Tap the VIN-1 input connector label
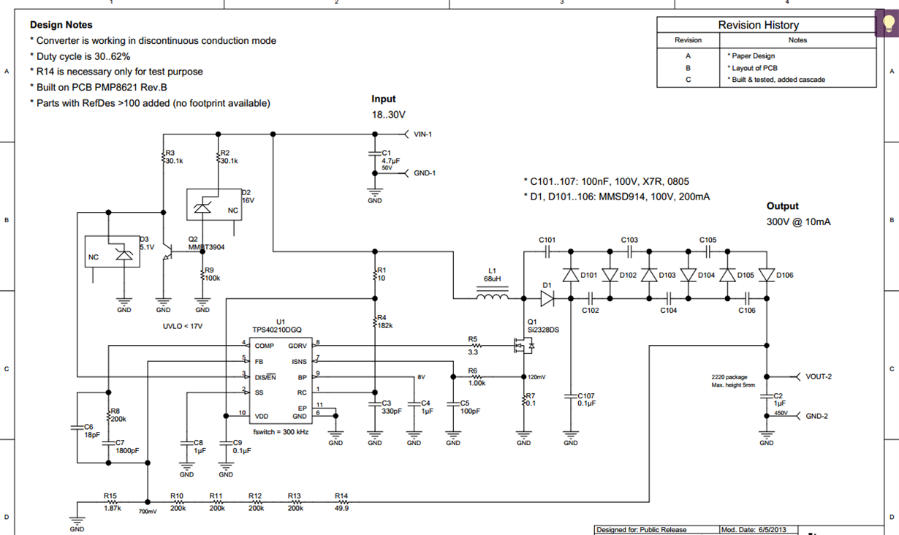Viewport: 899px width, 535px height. pyautogui.click(x=423, y=134)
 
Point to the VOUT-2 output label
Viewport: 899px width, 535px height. pyautogui.click(x=819, y=377)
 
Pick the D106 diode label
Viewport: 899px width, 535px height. pyautogui.click(x=785, y=276)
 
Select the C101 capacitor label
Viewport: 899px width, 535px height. pyautogui.click(x=547, y=240)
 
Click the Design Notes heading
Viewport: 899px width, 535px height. pyautogui.click(x=61, y=25)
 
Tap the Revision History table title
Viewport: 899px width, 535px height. pyautogui.click(x=758, y=25)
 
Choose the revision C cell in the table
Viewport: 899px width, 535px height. pyautogui.click(x=688, y=80)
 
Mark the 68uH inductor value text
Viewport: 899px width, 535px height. pyautogui.click(x=492, y=279)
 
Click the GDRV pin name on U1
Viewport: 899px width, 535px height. pyautogui.click(x=297, y=346)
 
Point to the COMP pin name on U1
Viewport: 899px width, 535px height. pyautogui.click(x=265, y=346)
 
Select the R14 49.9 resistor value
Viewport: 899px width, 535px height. pyautogui.click(x=341, y=508)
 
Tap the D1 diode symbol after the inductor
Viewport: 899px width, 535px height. pyautogui.click(x=547, y=297)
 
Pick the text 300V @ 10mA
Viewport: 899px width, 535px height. pyautogui.click(x=798, y=222)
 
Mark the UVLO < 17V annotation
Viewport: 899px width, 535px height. pyautogui.click(x=183, y=326)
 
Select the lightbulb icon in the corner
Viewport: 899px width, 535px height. pyautogui.click(x=887, y=23)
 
